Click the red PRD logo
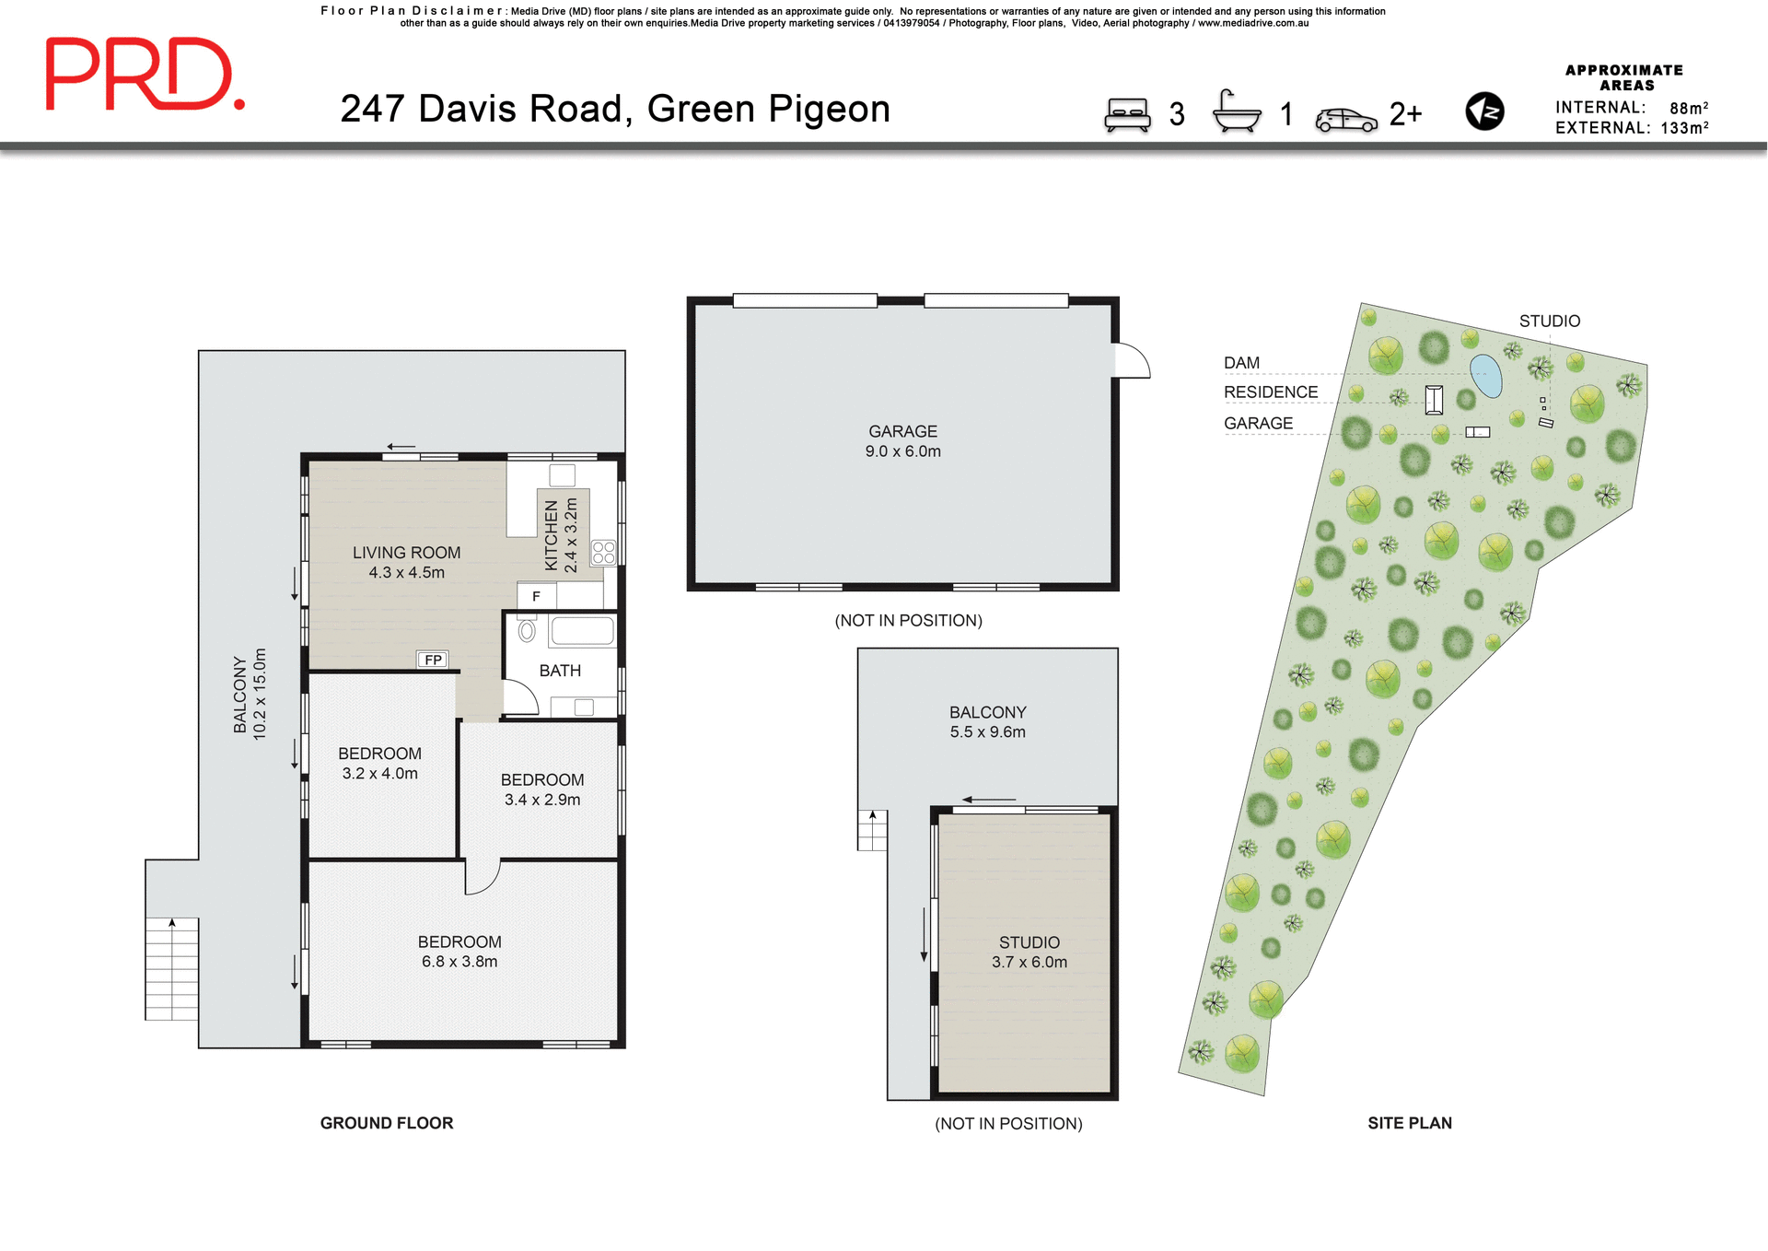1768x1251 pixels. tap(145, 75)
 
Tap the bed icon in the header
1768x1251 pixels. tap(1127, 115)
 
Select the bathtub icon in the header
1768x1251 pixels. tap(1236, 113)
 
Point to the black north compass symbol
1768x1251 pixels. tap(1484, 111)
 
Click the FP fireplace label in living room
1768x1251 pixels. tap(433, 660)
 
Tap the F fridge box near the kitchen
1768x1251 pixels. tap(536, 596)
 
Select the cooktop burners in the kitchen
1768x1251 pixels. tap(604, 553)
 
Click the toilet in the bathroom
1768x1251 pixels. tap(527, 631)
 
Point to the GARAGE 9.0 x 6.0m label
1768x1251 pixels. tap(902, 441)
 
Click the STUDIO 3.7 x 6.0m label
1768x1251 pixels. tap(1029, 952)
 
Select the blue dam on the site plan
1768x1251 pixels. tap(1485, 375)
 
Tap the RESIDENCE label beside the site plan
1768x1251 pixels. tap(1270, 392)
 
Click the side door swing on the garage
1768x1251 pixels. tap(1132, 360)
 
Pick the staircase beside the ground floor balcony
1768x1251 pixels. tap(172, 969)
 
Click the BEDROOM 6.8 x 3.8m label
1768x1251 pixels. tap(459, 952)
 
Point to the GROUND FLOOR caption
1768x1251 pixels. tap(386, 1123)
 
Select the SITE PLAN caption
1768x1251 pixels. tap(1409, 1123)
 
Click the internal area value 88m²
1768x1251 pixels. tap(1688, 108)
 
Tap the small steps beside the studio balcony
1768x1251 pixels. tap(872, 830)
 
